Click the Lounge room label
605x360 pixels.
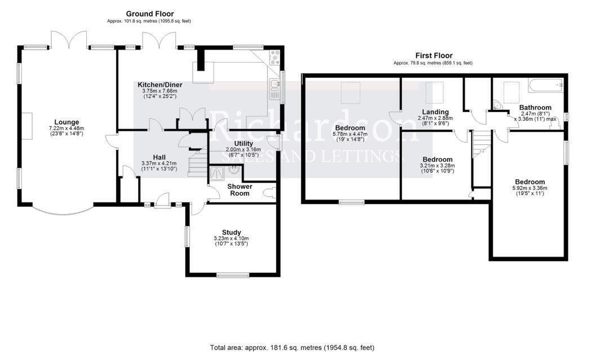tap(66, 122)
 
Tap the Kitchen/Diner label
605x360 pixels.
tap(160, 85)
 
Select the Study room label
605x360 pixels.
tap(231, 232)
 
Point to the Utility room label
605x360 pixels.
tap(243, 144)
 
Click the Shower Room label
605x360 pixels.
tap(239, 190)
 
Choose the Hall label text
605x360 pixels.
tap(159, 157)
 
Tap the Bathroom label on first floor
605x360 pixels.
tap(535, 108)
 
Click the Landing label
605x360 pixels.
tap(435, 112)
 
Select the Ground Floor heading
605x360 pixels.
tap(150, 14)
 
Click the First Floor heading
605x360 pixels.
tap(434, 56)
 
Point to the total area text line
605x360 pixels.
tap(292, 348)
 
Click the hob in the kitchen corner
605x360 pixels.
tap(275, 57)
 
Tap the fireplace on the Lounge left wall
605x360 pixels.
tap(28, 126)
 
